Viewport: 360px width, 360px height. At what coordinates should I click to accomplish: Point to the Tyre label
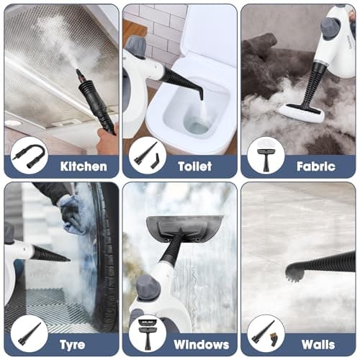[x=71, y=344]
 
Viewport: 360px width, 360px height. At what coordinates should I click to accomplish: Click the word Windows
[x=201, y=344]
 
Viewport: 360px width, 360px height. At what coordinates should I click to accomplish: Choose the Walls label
[x=315, y=344]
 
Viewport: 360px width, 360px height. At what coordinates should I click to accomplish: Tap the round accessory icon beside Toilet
[x=147, y=155]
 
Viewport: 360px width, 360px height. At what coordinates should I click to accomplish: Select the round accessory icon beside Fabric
[x=266, y=155]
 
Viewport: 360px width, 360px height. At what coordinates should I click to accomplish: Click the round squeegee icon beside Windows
[x=147, y=333]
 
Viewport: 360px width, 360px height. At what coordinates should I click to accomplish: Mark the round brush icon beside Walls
[x=266, y=333]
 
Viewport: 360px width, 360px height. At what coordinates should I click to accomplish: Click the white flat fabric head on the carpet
[x=301, y=112]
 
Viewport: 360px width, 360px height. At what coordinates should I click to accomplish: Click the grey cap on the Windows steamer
[x=148, y=287]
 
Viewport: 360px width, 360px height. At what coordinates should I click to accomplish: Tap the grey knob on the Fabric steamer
[x=330, y=27]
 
